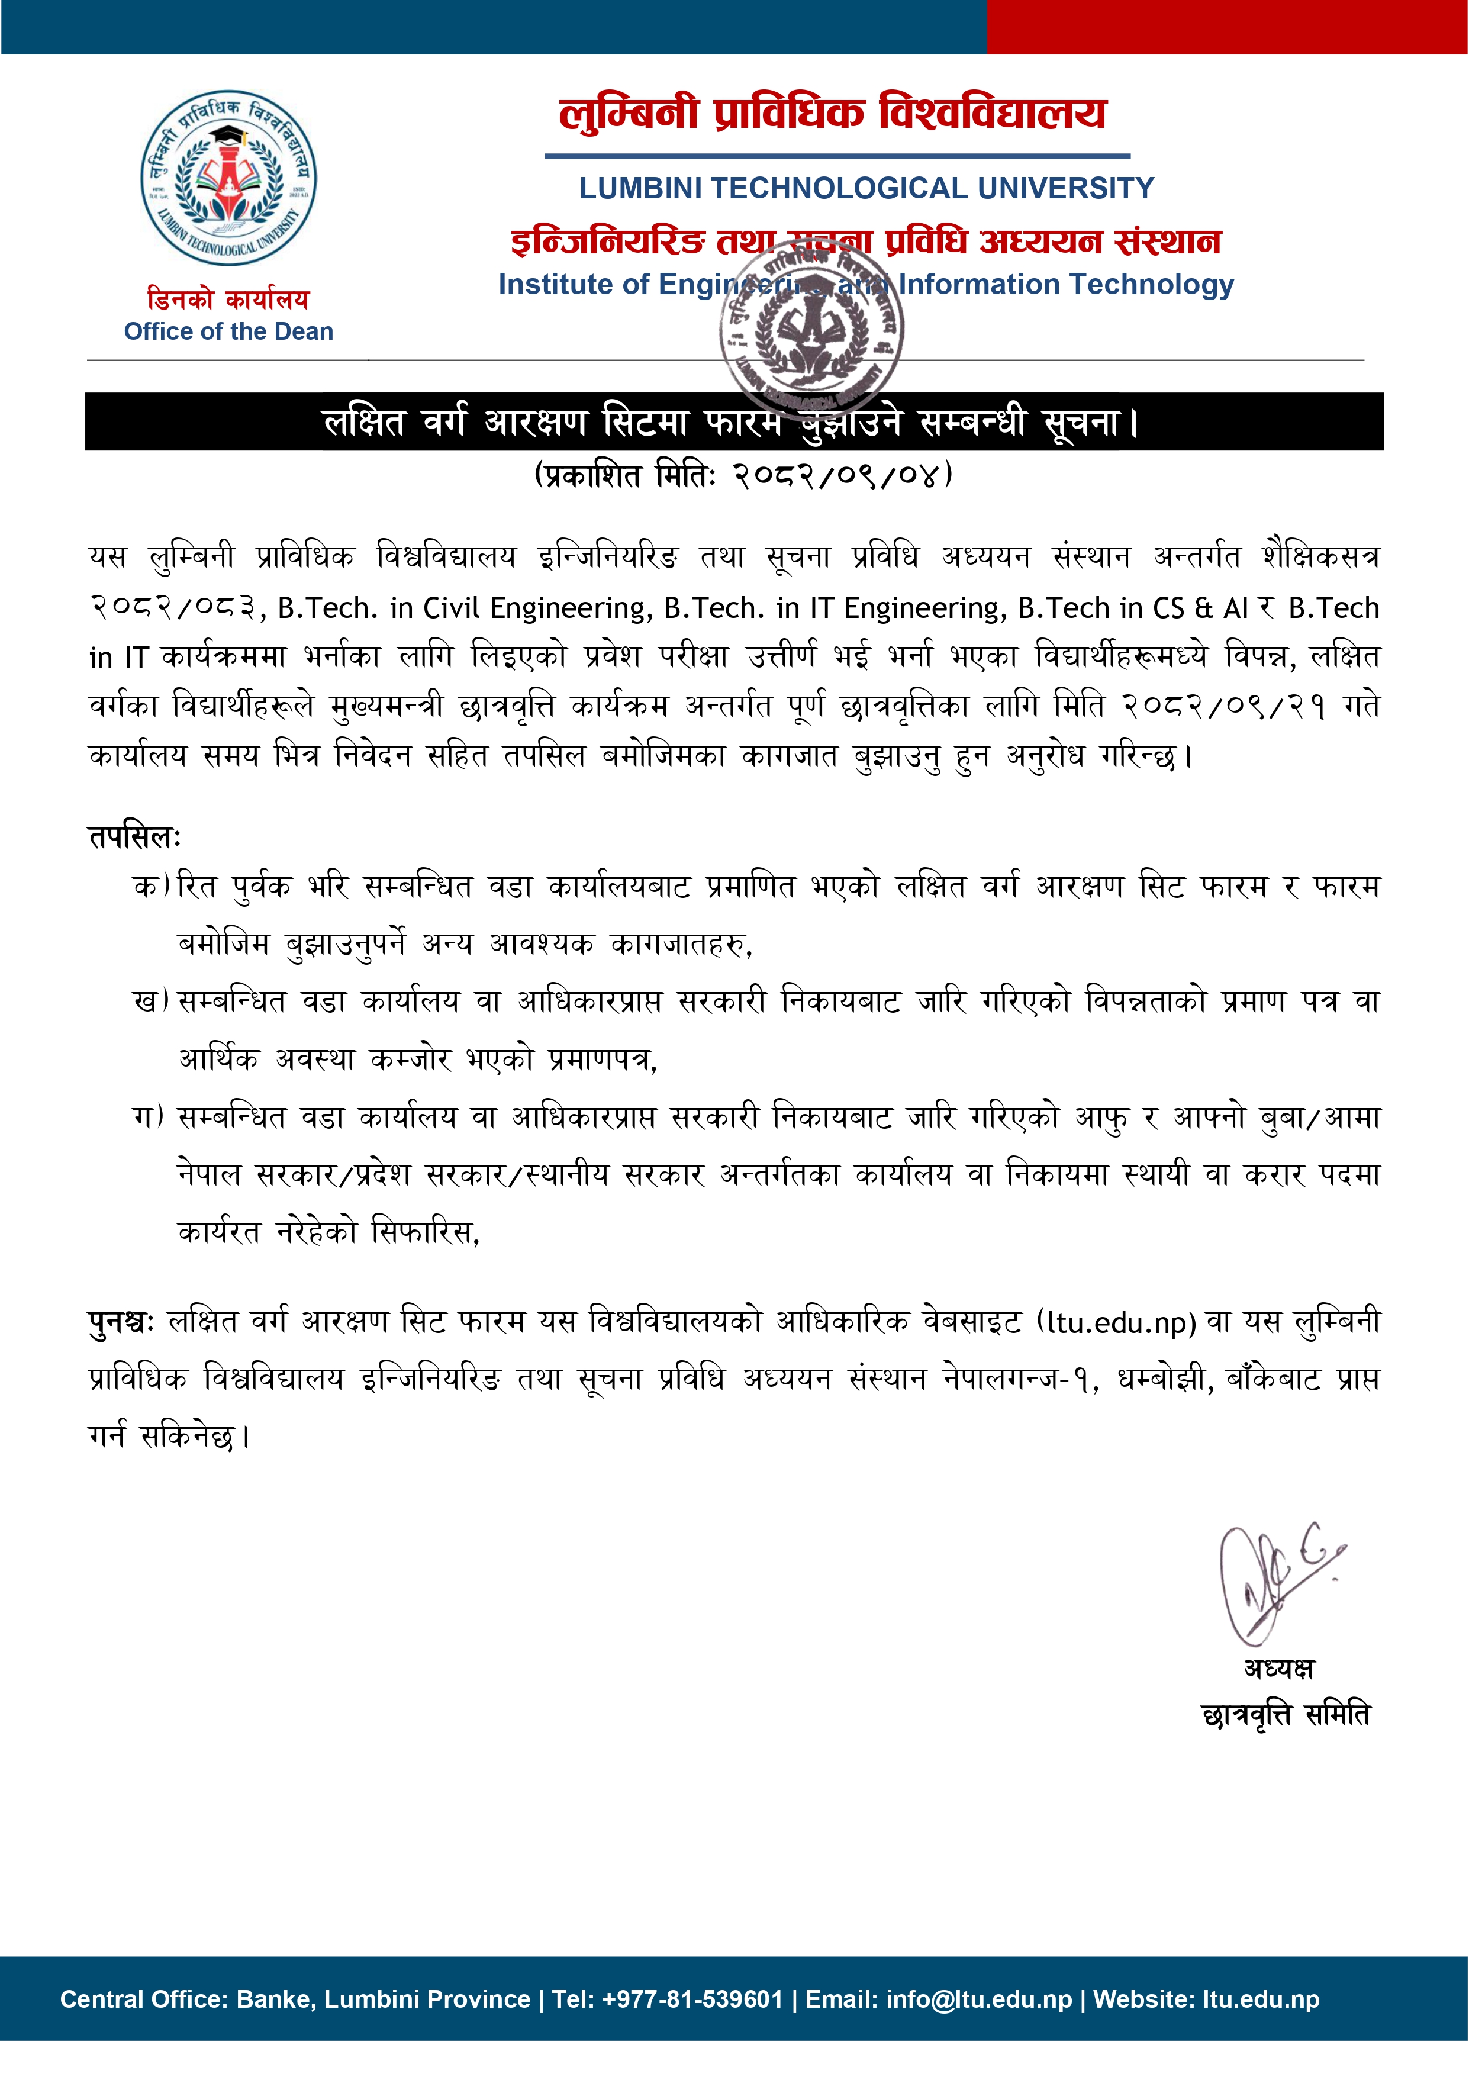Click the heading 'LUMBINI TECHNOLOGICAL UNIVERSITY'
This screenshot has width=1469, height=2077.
pos(866,188)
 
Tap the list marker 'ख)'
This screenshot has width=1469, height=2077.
pos(151,1002)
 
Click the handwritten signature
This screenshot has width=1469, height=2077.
pos(1274,1583)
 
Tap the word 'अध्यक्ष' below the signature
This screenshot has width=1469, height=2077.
pos(1279,1667)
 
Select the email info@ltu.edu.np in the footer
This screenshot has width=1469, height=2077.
pos(979,2000)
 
